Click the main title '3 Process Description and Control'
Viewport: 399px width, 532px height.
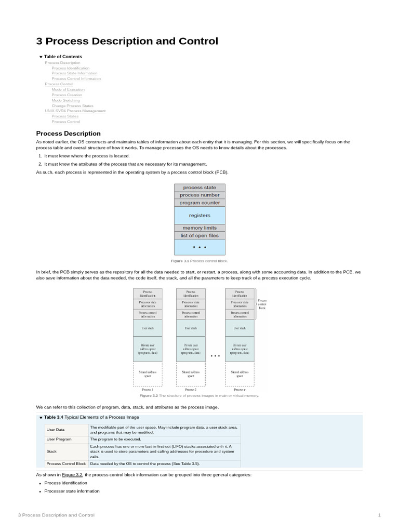pyautogui.click(x=127, y=42)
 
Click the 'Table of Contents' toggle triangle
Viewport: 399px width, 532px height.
pyautogui.click(x=41, y=57)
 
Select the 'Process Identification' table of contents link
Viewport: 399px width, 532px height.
pyautogui.click(x=70, y=68)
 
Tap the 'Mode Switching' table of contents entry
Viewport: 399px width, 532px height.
pyautogui.click(x=65, y=100)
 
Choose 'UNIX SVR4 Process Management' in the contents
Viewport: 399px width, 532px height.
pyautogui.click(x=75, y=111)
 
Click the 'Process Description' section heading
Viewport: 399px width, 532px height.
pyautogui.click(x=68, y=134)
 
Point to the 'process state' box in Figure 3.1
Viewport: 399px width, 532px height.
pyautogui.click(x=199, y=188)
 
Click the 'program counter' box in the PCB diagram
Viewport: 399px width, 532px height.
pyautogui.click(x=199, y=203)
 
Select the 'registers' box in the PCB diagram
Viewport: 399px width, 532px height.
pyautogui.click(x=199, y=215)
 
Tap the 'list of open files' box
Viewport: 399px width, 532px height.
pyautogui.click(x=199, y=235)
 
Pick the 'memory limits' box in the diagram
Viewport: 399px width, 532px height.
pyautogui.click(x=199, y=228)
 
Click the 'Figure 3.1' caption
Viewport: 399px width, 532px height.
pyautogui.click(x=199, y=261)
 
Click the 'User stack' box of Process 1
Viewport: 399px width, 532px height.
pyautogui.click(x=148, y=328)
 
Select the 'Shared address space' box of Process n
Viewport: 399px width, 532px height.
pyautogui.click(x=240, y=374)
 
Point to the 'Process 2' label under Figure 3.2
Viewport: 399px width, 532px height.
pyautogui.click(x=191, y=389)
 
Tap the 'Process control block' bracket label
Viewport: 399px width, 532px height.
pyautogui.click(x=262, y=304)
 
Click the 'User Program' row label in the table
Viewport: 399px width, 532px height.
pyautogui.click(x=59, y=439)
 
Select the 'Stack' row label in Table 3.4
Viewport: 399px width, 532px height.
pyautogui.click(x=51, y=451)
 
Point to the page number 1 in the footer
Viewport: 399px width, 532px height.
pyautogui.click(x=379, y=515)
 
